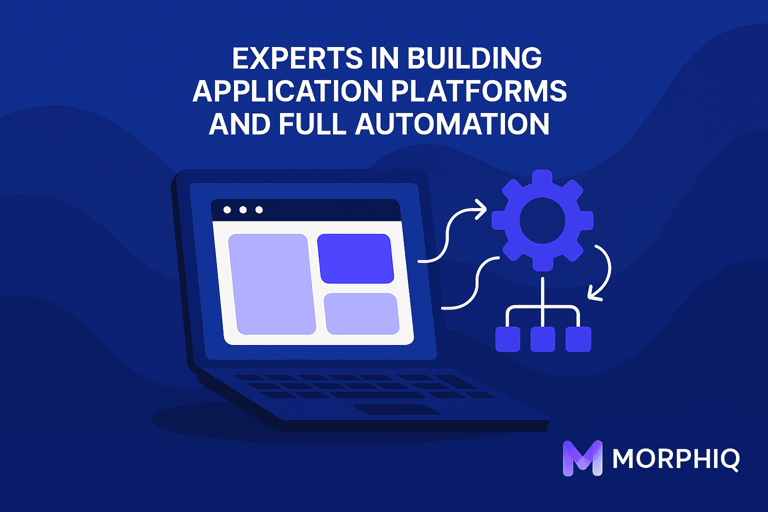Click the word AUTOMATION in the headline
(x=452, y=123)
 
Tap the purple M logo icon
(x=582, y=457)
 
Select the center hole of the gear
(x=542, y=220)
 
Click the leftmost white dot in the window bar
(x=227, y=210)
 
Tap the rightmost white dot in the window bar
(x=259, y=210)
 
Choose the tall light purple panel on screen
(x=272, y=284)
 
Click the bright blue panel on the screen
(x=355, y=258)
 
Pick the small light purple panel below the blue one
(x=361, y=313)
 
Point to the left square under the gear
(x=507, y=339)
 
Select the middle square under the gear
(x=543, y=339)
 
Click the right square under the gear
(x=578, y=339)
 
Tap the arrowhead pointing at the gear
(x=481, y=209)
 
